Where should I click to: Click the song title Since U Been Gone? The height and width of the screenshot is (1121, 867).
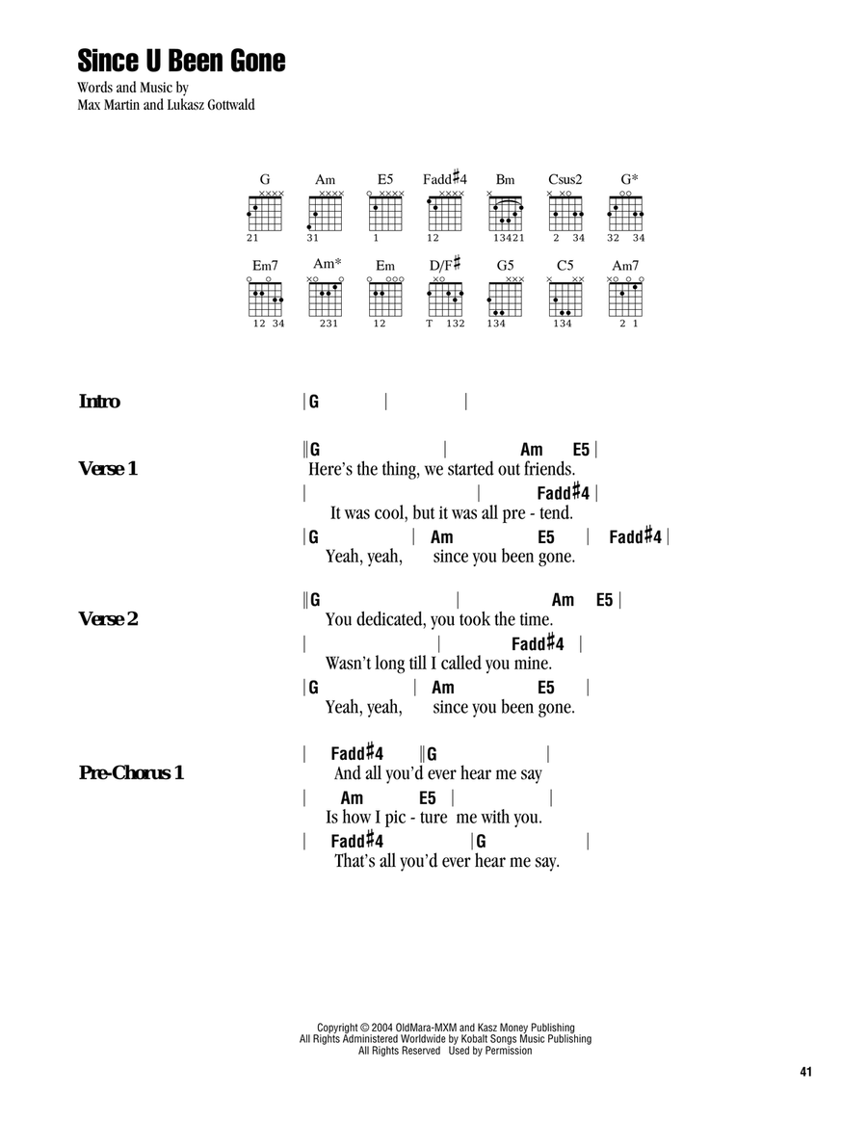click(x=181, y=61)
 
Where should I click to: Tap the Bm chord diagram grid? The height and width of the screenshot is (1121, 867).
click(x=505, y=213)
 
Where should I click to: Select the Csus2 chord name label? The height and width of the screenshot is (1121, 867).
click(x=565, y=179)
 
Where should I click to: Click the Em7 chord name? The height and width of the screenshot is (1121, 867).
click(x=265, y=265)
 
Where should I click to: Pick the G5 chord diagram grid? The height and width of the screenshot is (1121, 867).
click(x=505, y=298)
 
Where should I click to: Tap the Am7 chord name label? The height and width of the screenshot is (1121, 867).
click(x=625, y=265)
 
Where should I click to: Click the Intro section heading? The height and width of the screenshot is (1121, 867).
click(x=99, y=401)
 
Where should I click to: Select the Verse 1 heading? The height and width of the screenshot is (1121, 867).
click(x=108, y=468)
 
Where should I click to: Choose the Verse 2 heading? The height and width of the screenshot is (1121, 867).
click(x=108, y=618)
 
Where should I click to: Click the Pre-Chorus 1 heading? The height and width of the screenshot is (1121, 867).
click(x=131, y=772)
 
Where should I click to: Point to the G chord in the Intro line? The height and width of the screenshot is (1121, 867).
click(x=314, y=402)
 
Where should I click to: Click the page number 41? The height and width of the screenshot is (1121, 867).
click(x=806, y=1072)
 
